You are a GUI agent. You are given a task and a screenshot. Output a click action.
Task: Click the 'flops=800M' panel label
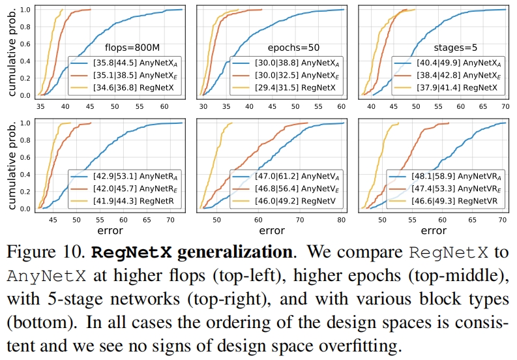tap(132, 48)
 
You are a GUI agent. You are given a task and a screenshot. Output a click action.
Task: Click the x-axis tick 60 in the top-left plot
tap(163, 106)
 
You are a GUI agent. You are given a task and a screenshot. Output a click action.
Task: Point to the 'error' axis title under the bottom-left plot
tap(109, 230)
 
